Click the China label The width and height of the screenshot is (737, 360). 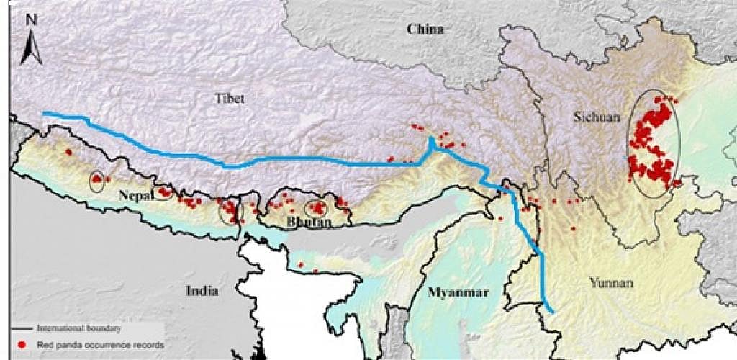click(x=425, y=30)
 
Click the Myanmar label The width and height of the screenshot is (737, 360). click(x=458, y=292)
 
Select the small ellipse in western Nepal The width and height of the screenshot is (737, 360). click(x=96, y=181)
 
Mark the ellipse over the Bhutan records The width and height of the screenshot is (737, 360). click(x=316, y=209)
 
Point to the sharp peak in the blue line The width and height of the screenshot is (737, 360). click(x=430, y=140)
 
